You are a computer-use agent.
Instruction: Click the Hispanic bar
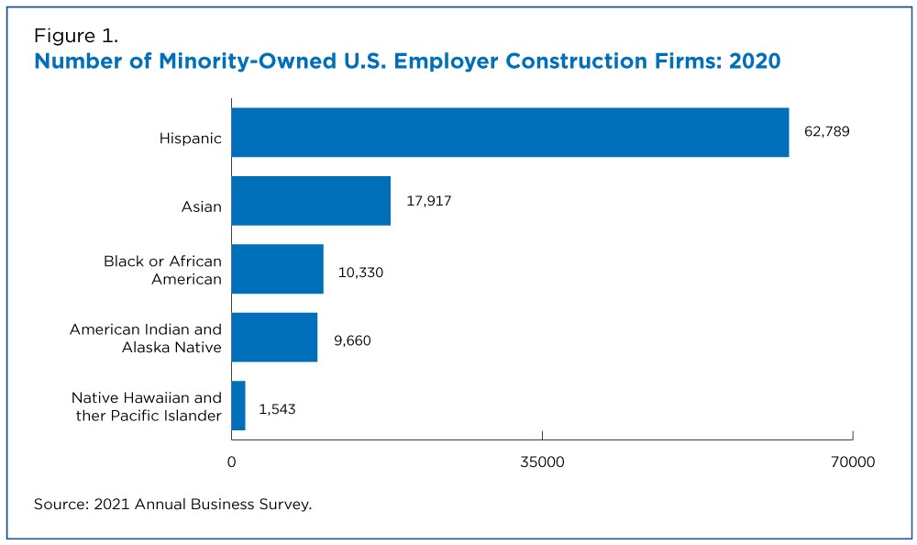(x=510, y=132)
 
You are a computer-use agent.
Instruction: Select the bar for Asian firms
(x=311, y=201)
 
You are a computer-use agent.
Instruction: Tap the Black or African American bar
(x=277, y=269)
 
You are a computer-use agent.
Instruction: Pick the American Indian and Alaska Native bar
(x=274, y=338)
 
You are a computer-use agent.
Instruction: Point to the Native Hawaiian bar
(x=238, y=406)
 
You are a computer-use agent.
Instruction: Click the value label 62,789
(x=826, y=131)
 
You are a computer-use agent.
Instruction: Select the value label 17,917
(x=428, y=201)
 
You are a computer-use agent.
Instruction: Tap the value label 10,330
(x=360, y=272)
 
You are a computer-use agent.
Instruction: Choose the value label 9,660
(x=352, y=340)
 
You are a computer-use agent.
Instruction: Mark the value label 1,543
(x=277, y=409)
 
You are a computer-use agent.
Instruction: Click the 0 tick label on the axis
(x=232, y=462)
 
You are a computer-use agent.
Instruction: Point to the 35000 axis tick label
(x=542, y=462)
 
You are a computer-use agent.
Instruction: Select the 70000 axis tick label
(x=853, y=462)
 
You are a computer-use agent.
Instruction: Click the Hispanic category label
(x=191, y=139)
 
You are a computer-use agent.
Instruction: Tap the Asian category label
(x=201, y=206)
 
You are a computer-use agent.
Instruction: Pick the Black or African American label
(x=162, y=270)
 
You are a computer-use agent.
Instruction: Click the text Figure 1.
(x=76, y=37)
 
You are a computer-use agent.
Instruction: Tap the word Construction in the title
(x=586, y=61)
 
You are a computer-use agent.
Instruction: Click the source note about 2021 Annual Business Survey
(x=172, y=504)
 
